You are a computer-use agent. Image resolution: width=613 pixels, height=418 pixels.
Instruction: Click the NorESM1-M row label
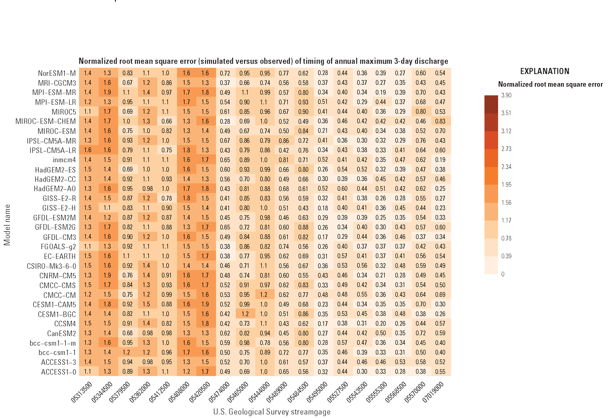(x=57, y=73)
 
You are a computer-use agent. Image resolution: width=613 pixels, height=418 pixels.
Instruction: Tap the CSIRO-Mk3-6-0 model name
(x=51, y=266)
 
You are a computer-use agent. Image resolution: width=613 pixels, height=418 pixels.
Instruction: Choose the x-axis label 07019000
(x=433, y=392)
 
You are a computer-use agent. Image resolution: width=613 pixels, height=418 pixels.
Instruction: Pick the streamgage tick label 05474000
(x=219, y=392)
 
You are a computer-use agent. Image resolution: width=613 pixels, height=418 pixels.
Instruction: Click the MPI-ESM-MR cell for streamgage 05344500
(x=107, y=92)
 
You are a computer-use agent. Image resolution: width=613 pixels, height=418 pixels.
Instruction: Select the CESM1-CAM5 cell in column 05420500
(x=205, y=304)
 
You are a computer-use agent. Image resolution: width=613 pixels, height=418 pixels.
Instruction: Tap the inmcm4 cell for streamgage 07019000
(x=440, y=160)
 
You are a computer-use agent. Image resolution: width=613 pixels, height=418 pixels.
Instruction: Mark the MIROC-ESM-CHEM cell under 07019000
(x=440, y=121)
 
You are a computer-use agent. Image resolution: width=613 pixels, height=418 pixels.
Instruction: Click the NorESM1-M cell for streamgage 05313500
(x=88, y=73)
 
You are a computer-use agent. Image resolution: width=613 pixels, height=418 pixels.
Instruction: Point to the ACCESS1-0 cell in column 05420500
(x=205, y=372)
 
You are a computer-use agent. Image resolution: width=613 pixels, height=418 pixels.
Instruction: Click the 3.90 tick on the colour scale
(x=506, y=95)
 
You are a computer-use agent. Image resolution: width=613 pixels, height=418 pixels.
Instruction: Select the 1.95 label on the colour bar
(x=506, y=184)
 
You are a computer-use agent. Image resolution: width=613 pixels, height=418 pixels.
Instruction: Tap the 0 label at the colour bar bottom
(x=503, y=274)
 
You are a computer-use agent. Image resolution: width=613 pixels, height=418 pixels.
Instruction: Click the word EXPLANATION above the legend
(x=544, y=71)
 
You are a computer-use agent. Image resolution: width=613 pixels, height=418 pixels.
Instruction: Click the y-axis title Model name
(x=7, y=225)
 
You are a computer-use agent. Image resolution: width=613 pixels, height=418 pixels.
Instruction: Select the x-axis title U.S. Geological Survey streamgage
(x=272, y=412)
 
